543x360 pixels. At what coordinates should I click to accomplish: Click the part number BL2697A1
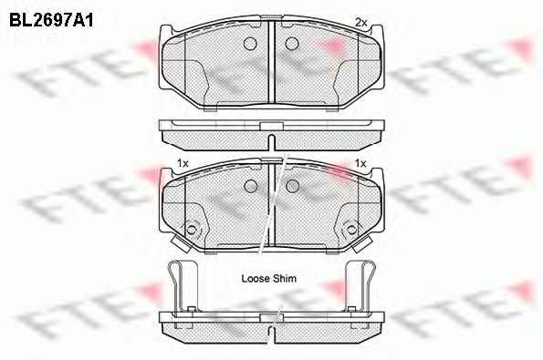click(51, 21)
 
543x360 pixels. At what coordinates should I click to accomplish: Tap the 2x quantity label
click(360, 23)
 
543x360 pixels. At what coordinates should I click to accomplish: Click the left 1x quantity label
click(183, 163)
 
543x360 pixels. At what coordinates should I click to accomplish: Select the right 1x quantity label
click(360, 163)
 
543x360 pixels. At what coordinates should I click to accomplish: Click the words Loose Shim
click(268, 278)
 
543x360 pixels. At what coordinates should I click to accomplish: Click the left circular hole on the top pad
click(250, 44)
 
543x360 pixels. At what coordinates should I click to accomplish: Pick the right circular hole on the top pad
click(292, 44)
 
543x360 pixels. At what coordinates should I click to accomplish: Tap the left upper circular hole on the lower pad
click(250, 186)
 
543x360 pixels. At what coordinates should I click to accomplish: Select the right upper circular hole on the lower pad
click(293, 186)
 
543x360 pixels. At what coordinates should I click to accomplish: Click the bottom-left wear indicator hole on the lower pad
click(191, 230)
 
